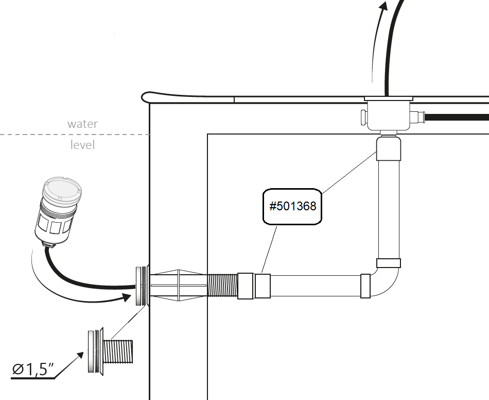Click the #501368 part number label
coord(293,206)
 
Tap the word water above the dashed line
coord(82,124)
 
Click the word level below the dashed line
coord(82,145)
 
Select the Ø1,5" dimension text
coord(34,369)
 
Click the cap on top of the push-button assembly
coord(60,188)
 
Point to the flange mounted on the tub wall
coord(141,286)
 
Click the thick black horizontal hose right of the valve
coord(458,118)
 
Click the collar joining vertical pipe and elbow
coord(389,263)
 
